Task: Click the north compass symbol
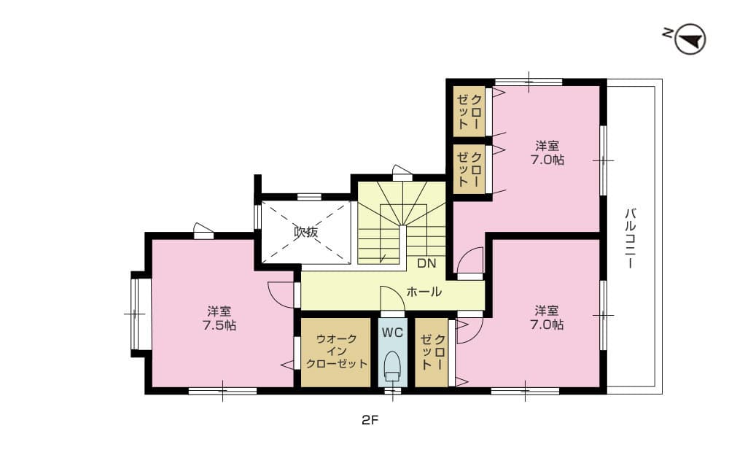pyautogui.click(x=690, y=39)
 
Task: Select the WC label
pyautogui.click(x=392, y=332)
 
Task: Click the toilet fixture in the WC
pyautogui.click(x=392, y=365)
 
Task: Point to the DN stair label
pyautogui.click(x=426, y=263)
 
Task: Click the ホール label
pyautogui.click(x=424, y=292)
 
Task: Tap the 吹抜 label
pyautogui.click(x=305, y=232)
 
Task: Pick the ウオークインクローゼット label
pyautogui.click(x=336, y=351)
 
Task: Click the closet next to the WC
pyautogui.click(x=432, y=352)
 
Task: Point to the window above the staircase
pyautogui.click(x=402, y=173)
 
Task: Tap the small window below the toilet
pyautogui.click(x=392, y=392)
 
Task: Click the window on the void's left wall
pyautogui.click(x=257, y=217)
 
